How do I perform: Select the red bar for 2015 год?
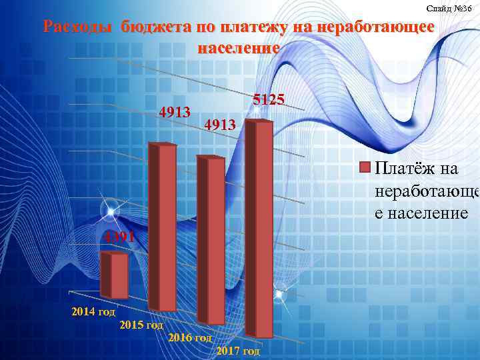165,227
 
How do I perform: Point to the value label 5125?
269,100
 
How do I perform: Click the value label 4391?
118,237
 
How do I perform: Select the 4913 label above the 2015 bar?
175,111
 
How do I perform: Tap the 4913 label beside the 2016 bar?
219,125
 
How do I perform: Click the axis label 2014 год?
93,311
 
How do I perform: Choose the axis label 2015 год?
141,325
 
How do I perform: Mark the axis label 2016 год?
190,338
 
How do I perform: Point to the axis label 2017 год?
238,351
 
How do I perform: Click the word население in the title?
238,48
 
